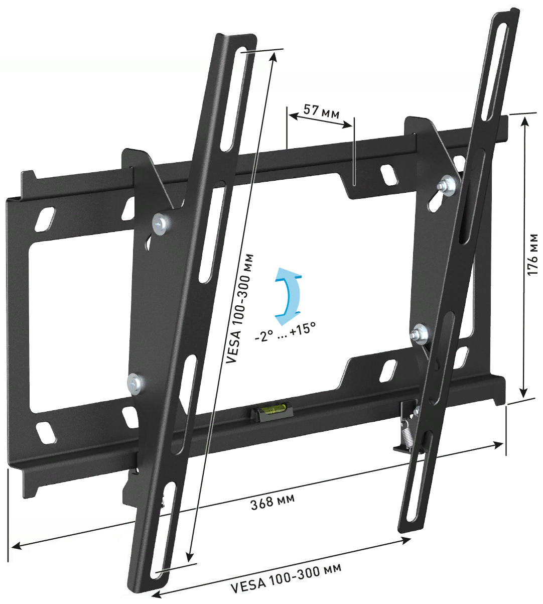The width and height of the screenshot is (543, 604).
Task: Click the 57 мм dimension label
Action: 321,111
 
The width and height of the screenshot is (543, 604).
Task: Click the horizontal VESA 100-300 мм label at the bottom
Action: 286,578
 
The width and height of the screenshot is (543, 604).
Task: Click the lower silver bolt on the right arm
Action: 419,332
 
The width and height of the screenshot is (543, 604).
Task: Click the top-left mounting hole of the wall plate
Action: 45,219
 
